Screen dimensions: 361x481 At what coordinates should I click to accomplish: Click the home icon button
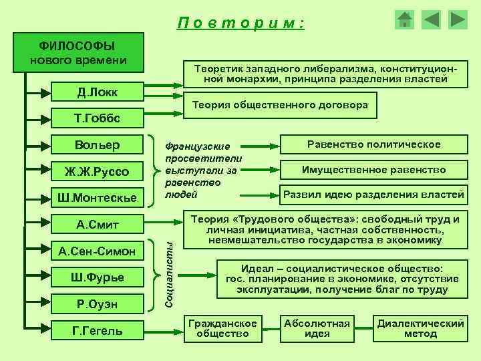[x=405, y=19]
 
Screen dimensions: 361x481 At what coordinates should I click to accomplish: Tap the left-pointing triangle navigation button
[x=432, y=19]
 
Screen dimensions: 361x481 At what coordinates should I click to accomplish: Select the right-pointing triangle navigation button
[x=458, y=19]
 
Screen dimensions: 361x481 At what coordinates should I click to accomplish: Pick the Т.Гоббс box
[x=97, y=119]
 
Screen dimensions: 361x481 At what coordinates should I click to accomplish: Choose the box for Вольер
[x=97, y=145]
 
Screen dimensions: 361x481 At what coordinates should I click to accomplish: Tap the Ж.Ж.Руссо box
[x=97, y=172]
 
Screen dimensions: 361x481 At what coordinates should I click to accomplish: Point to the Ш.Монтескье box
[x=97, y=198]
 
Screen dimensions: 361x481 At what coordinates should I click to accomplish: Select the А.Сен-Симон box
[x=97, y=251]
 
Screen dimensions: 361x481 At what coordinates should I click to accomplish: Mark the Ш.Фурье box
[x=97, y=277]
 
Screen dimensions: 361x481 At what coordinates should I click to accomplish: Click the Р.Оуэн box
[x=97, y=303]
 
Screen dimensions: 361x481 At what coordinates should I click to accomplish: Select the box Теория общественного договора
[x=280, y=106]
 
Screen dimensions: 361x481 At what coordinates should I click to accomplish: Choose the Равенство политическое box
[x=373, y=144]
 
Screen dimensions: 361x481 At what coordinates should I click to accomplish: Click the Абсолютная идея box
[x=317, y=328]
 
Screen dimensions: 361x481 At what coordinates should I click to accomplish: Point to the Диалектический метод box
[x=420, y=328]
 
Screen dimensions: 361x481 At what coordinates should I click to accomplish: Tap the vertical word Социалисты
[x=170, y=276]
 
